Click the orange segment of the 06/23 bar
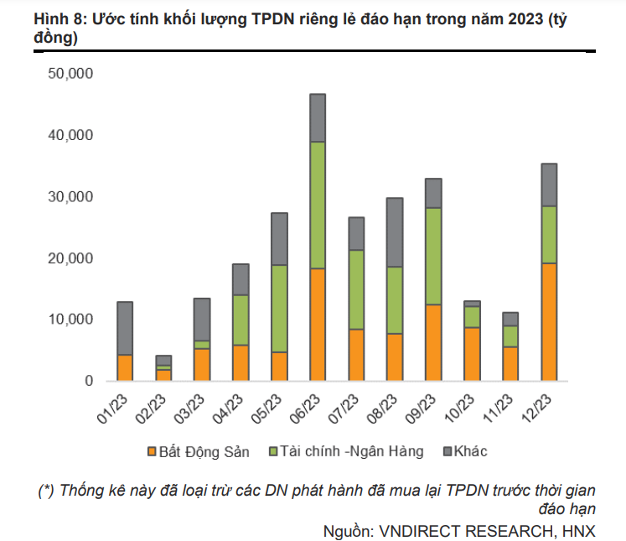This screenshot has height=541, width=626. pos(318,325)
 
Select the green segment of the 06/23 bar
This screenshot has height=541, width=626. pos(318,205)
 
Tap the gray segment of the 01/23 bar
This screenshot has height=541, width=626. pos(125,328)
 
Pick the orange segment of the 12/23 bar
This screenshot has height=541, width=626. pos(549,322)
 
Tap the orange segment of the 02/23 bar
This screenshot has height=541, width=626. pos(164,375)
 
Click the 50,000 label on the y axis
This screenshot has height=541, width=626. pos(70,74)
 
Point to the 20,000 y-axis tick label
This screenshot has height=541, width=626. pos(70,258)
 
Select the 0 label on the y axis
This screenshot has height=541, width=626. pos(87,381)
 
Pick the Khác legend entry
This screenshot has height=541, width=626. pos(468,452)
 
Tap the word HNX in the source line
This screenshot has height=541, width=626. pos(577,530)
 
